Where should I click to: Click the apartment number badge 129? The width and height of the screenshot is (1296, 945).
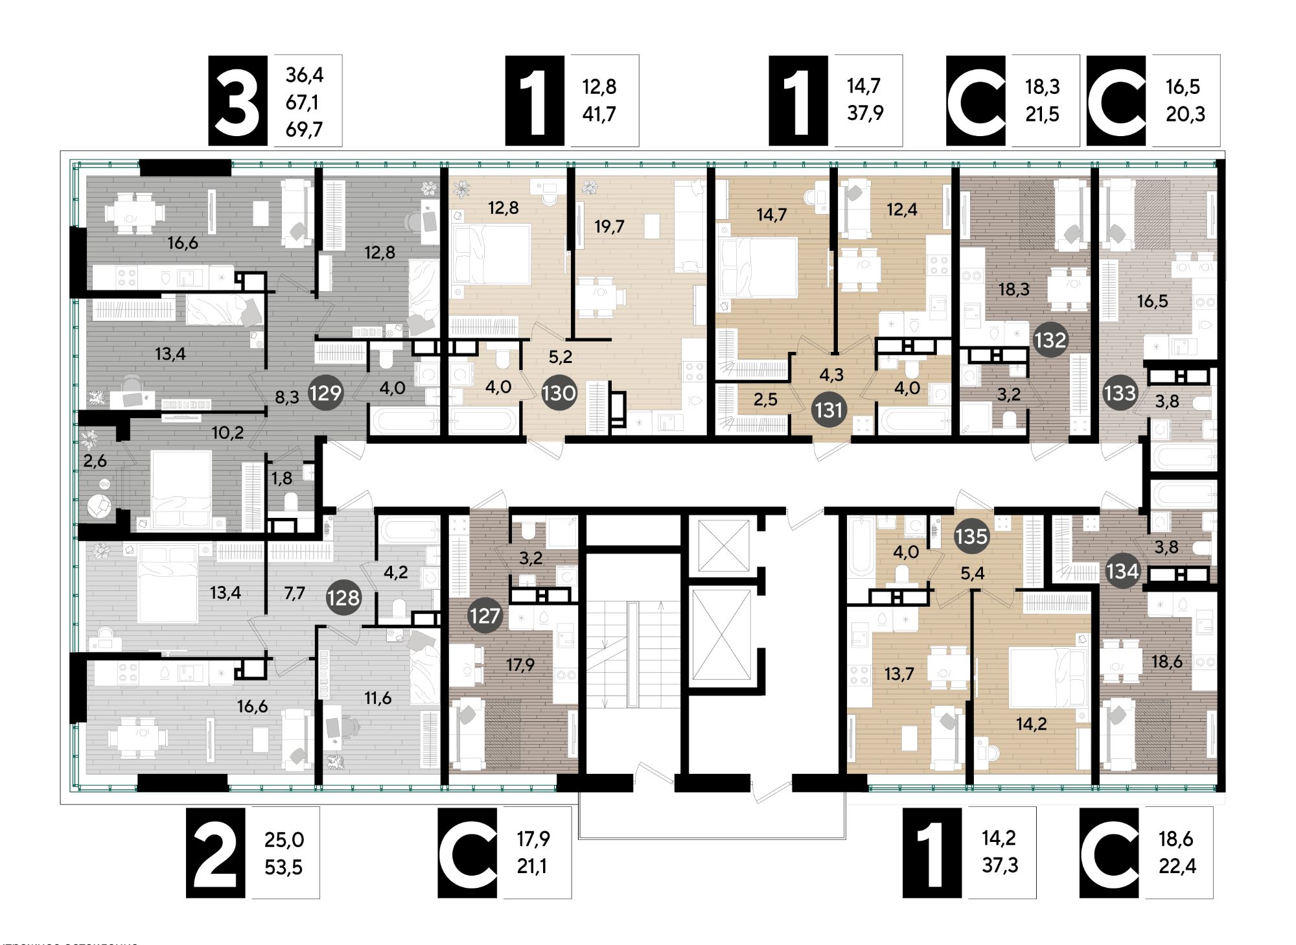point(325,393)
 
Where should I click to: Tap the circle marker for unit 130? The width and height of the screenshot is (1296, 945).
point(559,393)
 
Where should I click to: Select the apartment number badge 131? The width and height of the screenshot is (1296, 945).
point(829,410)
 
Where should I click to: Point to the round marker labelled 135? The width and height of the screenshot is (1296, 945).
point(971,536)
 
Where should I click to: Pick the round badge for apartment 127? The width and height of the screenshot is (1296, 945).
point(485,615)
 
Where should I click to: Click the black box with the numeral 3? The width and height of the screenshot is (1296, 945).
point(237,100)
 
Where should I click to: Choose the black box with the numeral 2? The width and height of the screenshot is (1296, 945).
point(215,852)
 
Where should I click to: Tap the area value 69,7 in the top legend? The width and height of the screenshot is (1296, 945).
point(304,129)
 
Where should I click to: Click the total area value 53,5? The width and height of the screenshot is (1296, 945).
point(284,867)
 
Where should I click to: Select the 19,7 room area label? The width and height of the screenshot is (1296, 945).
point(609,226)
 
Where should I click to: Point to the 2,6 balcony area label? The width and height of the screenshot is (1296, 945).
point(95,461)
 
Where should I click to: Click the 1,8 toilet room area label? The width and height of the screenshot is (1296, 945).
point(282,478)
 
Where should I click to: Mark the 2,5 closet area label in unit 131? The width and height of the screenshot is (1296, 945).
point(765,399)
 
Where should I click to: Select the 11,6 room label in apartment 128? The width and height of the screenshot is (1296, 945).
point(378,698)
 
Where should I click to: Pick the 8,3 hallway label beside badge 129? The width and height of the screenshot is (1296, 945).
point(287,397)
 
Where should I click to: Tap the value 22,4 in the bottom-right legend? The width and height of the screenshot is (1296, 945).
point(1177,867)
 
